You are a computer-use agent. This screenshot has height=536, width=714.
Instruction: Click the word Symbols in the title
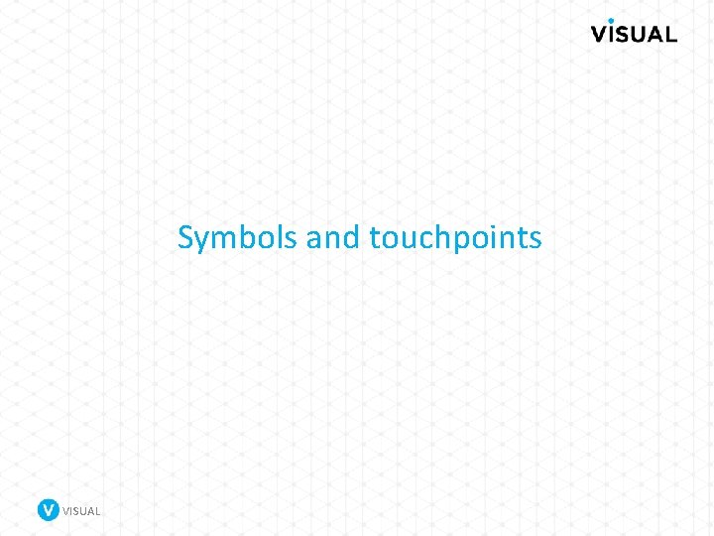pyautogui.click(x=238, y=238)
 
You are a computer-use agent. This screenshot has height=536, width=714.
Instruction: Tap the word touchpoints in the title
pyautogui.click(x=455, y=238)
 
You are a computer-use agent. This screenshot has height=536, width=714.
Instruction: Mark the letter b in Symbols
pyautogui.click(x=245, y=237)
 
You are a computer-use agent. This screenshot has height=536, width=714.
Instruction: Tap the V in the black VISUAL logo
pyautogui.click(x=603, y=34)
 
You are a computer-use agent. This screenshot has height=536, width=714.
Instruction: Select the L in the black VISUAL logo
pyautogui.click(x=671, y=34)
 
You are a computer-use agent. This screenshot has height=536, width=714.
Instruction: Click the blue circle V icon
pyautogui.click(x=48, y=510)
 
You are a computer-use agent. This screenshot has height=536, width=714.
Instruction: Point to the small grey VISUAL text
pyautogui.click(x=81, y=511)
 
